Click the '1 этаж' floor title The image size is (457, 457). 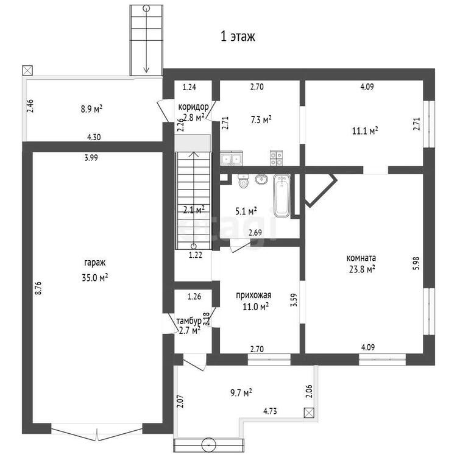238,37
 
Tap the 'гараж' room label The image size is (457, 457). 95,263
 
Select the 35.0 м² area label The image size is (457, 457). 95,277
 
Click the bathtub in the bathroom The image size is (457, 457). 282,196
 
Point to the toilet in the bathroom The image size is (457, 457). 243,181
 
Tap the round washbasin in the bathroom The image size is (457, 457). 261,179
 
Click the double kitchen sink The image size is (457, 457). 231,158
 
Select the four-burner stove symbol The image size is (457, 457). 276,158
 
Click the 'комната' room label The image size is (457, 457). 361,258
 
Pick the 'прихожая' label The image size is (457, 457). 253,296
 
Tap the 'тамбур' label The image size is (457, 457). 189,321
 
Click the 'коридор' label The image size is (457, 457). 194,107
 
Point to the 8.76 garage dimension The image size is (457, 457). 38,288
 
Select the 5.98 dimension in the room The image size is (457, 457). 417,263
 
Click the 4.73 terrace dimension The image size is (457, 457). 270,411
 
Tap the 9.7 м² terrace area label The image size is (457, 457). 241,392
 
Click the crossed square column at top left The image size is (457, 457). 27,70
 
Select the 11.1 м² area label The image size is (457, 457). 365,130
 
